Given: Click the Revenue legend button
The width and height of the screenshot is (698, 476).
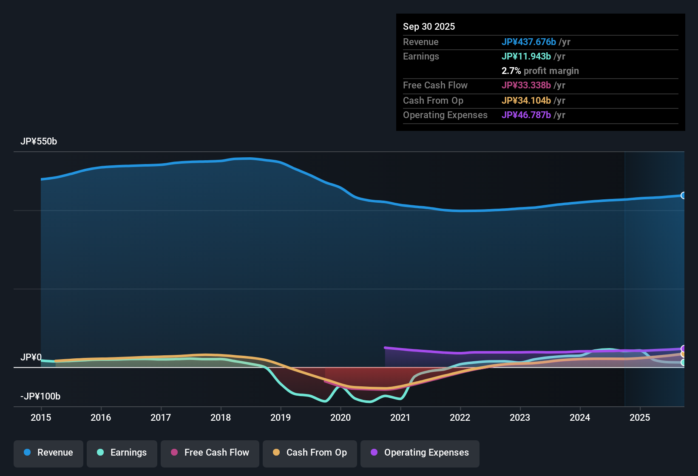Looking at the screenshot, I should (x=48, y=453).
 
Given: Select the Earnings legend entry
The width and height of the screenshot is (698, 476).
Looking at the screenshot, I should (x=122, y=453).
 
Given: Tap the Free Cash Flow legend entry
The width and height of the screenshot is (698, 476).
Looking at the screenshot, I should (x=210, y=453).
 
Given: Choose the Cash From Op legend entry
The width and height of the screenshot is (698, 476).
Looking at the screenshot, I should (x=309, y=453).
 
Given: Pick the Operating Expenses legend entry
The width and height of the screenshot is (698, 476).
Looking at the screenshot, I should (x=420, y=453).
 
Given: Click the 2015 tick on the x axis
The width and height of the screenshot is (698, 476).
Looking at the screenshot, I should (x=41, y=417).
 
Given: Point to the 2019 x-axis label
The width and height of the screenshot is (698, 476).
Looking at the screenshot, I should (x=281, y=417).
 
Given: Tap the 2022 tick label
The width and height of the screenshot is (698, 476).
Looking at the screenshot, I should (x=460, y=417).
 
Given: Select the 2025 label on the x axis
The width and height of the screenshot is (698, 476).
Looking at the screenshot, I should (x=640, y=417).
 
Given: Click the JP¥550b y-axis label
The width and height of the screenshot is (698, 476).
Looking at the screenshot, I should (x=39, y=142).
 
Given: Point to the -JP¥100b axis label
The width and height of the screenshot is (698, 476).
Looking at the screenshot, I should (x=40, y=397).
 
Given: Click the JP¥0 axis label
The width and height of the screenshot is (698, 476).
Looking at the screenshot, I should (x=31, y=357).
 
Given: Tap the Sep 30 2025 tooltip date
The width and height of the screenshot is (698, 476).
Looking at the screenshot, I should (x=429, y=26).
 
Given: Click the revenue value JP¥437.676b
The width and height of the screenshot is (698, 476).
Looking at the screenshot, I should (x=528, y=42).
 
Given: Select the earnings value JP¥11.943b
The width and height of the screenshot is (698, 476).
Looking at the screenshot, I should (x=526, y=56).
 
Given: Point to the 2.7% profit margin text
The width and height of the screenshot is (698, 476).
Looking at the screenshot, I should (x=540, y=71).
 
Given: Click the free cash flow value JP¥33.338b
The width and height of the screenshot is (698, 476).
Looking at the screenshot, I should (x=526, y=85).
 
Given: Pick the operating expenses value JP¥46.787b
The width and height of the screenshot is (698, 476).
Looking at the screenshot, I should (x=526, y=115).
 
